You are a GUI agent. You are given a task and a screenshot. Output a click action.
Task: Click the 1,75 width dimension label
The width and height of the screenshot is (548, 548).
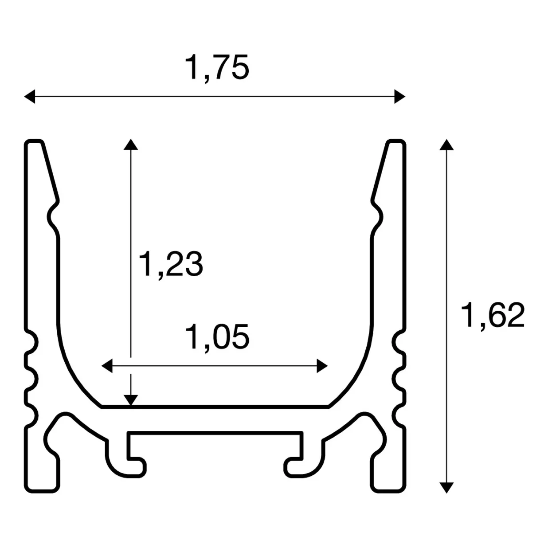click(x=217, y=68)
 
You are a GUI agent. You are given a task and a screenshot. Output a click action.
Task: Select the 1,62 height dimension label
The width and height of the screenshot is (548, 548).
click(x=493, y=316)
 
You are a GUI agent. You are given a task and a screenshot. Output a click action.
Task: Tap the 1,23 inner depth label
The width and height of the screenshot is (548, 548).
click(x=171, y=264)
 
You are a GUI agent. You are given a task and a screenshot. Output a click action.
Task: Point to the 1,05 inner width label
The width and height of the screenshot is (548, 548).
click(x=217, y=337)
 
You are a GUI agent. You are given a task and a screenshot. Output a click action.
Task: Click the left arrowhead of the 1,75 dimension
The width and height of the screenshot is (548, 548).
click(x=30, y=96)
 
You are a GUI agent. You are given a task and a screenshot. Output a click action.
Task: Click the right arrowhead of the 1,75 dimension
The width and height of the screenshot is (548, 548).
click(x=399, y=96)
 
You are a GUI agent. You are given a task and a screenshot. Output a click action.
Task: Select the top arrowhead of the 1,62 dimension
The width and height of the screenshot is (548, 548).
click(x=446, y=145)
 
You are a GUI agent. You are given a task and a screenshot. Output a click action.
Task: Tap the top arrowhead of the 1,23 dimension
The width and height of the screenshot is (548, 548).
click(x=130, y=144)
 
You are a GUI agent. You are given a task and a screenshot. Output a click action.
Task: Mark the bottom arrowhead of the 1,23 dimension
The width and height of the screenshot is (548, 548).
click(x=130, y=400)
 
